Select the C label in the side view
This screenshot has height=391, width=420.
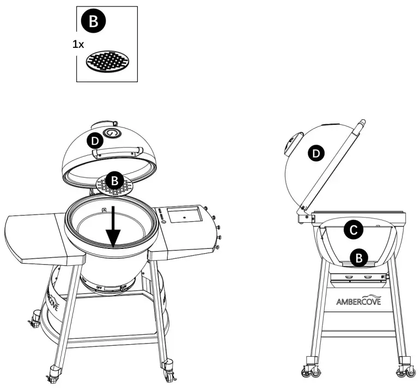click(x=352, y=231)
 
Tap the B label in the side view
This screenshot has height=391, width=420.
click(x=358, y=258)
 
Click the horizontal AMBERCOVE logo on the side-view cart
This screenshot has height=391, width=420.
click(x=358, y=301)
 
